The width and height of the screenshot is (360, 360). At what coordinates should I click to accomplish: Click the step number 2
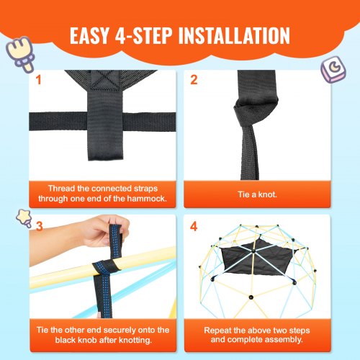tap(194, 79)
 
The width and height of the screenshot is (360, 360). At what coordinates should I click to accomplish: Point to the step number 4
tap(194, 225)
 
